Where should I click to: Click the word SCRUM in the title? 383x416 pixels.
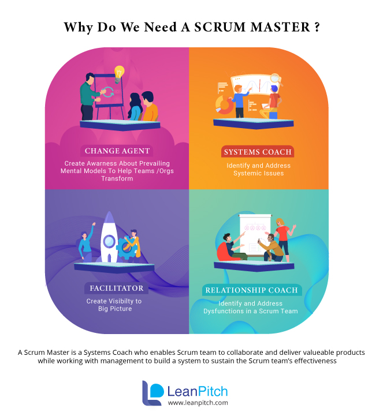click(x=220, y=27)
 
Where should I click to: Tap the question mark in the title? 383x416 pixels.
click(x=317, y=27)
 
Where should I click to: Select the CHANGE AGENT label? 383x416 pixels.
click(x=117, y=151)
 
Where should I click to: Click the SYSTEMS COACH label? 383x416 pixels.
click(x=258, y=152)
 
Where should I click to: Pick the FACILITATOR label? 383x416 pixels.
click(x=116, y=288)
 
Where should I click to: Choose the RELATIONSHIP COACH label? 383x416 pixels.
click(x=251, y=290)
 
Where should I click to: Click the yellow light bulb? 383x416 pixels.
click(x=119, y=74)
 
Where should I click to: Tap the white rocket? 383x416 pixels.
click(x=109, y=237)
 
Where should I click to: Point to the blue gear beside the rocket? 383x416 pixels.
click(x=125, y=248)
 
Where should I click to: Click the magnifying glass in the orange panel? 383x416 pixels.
click(x=276, y=79)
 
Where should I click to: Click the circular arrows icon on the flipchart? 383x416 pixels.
click(x=109, y=92)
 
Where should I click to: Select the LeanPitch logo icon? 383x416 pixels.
click(x=153, y=393)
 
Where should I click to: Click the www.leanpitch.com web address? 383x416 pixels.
click(x=198, y=403)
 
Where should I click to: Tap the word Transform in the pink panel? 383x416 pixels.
click(x=117, y=178)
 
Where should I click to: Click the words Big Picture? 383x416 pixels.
click(x=115, y=309)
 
